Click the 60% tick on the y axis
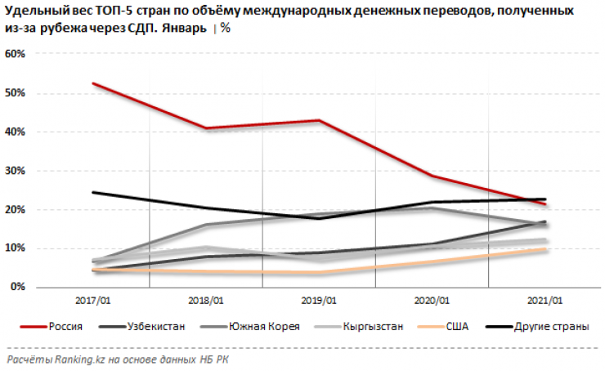[x=16, y=54]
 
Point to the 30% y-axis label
[x=16, y=171]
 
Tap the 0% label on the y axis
[x=19, y=288]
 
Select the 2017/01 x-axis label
[x=95, y=301]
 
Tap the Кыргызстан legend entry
[x=373, y=327]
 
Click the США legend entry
[x=457, y=327]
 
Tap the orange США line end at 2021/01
[x=545, y=249]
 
